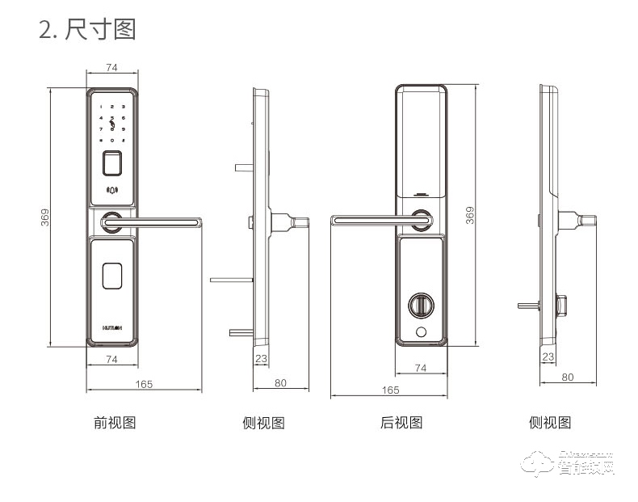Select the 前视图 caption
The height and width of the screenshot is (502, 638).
tap(114, 422)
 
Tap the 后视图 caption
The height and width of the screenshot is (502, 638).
tap(401, 422)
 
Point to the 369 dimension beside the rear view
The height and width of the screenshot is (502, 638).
tap(471, 217)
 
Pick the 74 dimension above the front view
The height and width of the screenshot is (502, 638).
tap(112, 68)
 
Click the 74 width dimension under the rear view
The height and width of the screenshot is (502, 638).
tap(421, 368)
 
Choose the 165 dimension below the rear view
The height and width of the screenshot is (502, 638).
tap(389, 390)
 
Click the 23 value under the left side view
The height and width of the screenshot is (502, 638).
tap(261, 358)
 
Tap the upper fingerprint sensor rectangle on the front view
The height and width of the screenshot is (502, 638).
tap(112, 164)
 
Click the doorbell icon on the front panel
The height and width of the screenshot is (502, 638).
tap(112, 192)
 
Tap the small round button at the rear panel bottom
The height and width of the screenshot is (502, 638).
tap(421, 333)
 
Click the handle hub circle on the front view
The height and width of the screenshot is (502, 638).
tap(111, 218)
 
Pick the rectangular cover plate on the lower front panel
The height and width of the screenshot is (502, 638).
tap(112, 276)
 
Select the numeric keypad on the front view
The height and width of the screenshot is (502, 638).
tap(112, 123)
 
